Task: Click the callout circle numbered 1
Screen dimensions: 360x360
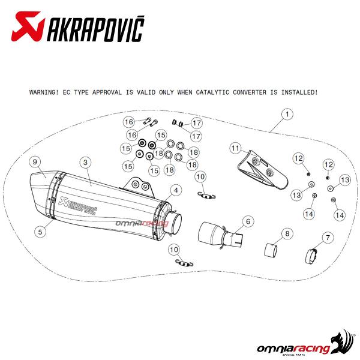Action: pyautogui.click(x=287, y=114)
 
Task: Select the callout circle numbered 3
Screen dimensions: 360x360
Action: pyautogui.click(x=85, y=163)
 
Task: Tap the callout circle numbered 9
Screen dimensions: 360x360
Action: pyautogui.click(x=35, y=162)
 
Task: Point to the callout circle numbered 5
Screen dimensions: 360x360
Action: pyautogui.click(x=40, y=232)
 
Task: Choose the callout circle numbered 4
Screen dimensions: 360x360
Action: pyautogui.click(x=176, y=190)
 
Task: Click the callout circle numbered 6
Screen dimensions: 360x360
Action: pyautogui.click(x=248, y=221)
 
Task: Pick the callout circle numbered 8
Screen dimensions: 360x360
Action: pyautogui.click(x=287, y=234)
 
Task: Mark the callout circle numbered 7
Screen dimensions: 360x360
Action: pyautogui.click(x=328, y=238)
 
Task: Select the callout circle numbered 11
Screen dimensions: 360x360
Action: pyautogui.click(x=236, y=148)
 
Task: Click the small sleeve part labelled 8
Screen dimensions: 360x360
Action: pyautogui.click(x=271, y=250)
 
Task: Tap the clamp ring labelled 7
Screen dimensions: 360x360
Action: pyautogui.click(x=312, y=256)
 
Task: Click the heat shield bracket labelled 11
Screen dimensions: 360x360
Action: pyautogui.click(x=262, y=169)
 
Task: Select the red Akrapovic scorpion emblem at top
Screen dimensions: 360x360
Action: pyautogui.click(x=28, y=26)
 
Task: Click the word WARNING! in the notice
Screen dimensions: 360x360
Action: pyautogui.click(x=44, y=92)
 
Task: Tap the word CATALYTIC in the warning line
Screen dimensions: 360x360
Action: pyautogui.click(x=212, y=92)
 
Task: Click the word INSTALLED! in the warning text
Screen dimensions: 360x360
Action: pyautogui.click(x=299, y=92)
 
